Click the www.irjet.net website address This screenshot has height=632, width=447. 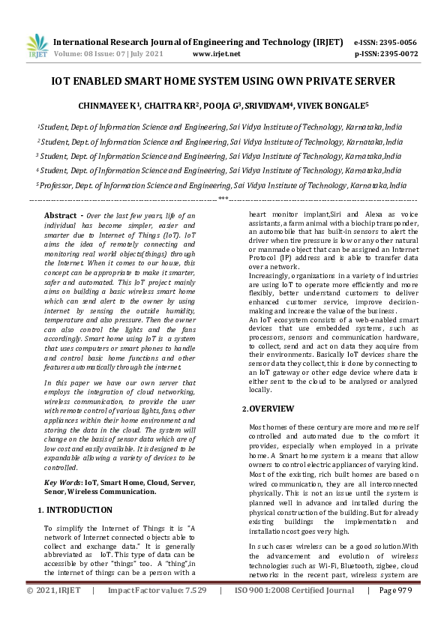click(216, 54)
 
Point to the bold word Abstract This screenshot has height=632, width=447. click(60, 215)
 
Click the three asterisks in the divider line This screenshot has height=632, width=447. click(223, 199)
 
